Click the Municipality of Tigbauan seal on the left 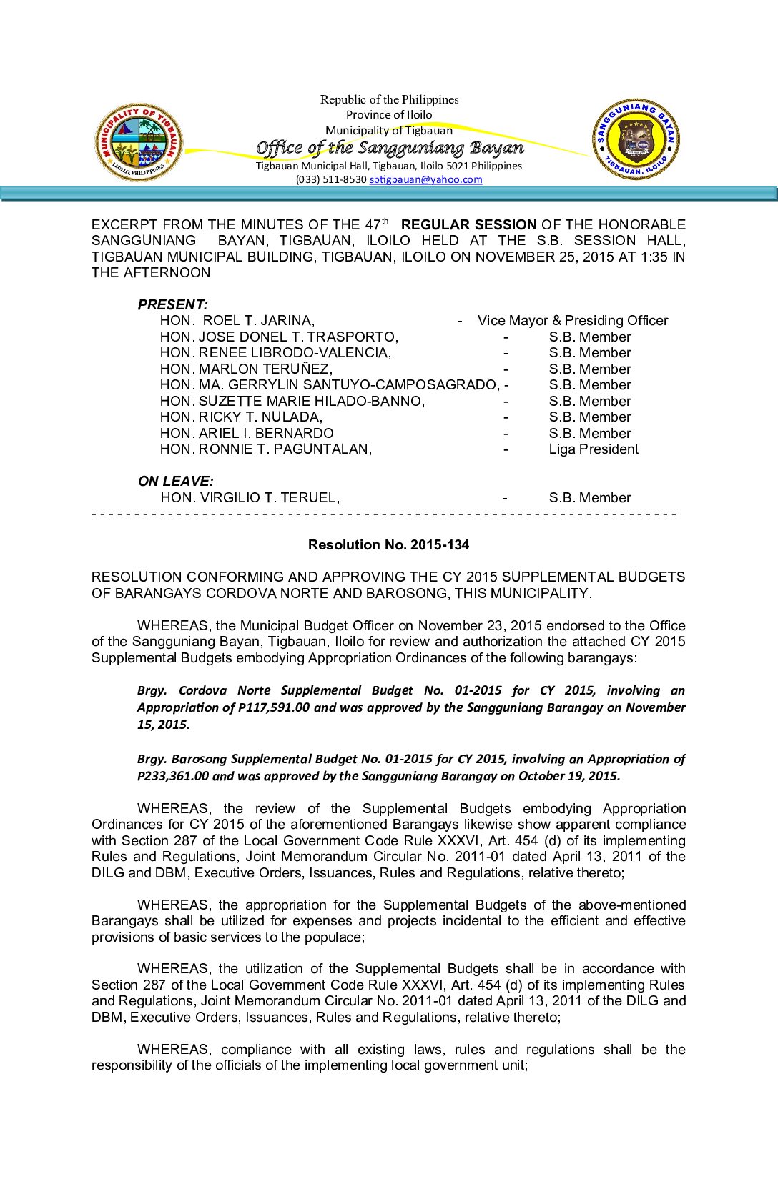(139, 142)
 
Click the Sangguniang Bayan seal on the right (636, 139)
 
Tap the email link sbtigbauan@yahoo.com (425, 179)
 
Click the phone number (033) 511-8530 (331, 179)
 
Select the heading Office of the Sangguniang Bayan (390, 148)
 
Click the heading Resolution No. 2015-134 (388, 544)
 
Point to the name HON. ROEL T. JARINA (237, 321)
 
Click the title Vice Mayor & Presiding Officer (573, 321)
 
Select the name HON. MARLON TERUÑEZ (246, 369)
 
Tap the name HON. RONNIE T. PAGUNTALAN (266, 449)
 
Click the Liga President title (594, 449)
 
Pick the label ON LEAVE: (176, 482)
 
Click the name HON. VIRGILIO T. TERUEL (250, 498)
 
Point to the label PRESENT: (173, 305)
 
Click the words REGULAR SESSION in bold (468, 225)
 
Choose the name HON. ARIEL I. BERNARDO (247, 434)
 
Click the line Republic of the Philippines (390, 100)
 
